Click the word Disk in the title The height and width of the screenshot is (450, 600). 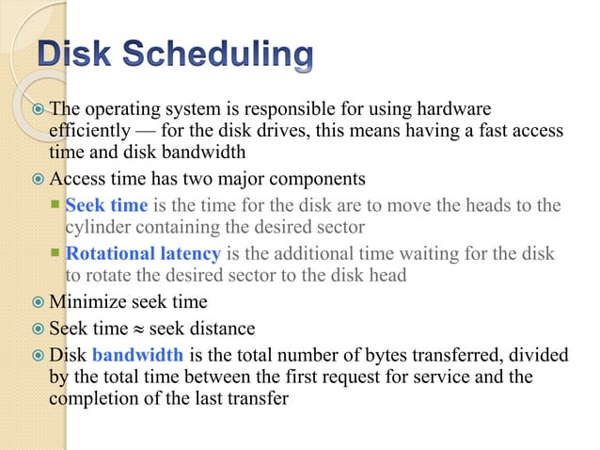click(x=78, y=56)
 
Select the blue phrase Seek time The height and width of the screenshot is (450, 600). click(x=106, y=205)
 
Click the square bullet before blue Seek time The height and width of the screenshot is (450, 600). click(x=56, y=205)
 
